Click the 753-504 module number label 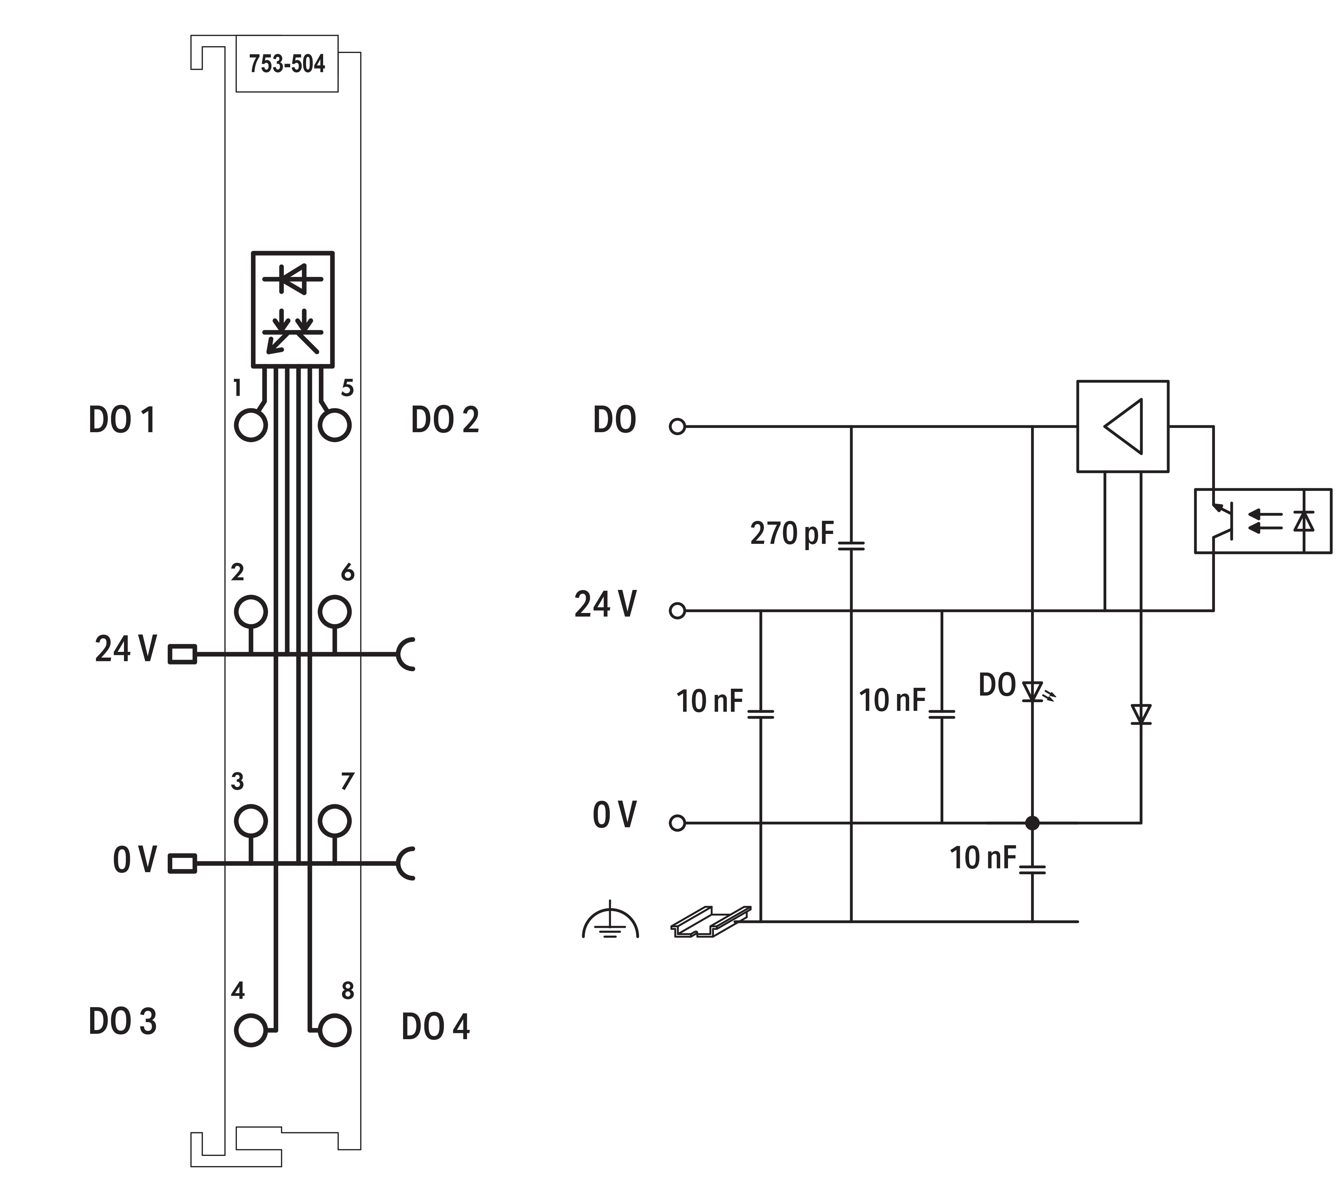(x=287, y=64)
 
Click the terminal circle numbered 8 (x=334, y=1030)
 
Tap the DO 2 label (x=445, y=420)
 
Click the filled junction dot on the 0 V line (x=1032, y=823)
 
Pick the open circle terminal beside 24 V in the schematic (x=676, y=611)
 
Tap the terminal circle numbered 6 (x=334, y=611)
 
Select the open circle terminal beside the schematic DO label (x=676, y=427)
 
